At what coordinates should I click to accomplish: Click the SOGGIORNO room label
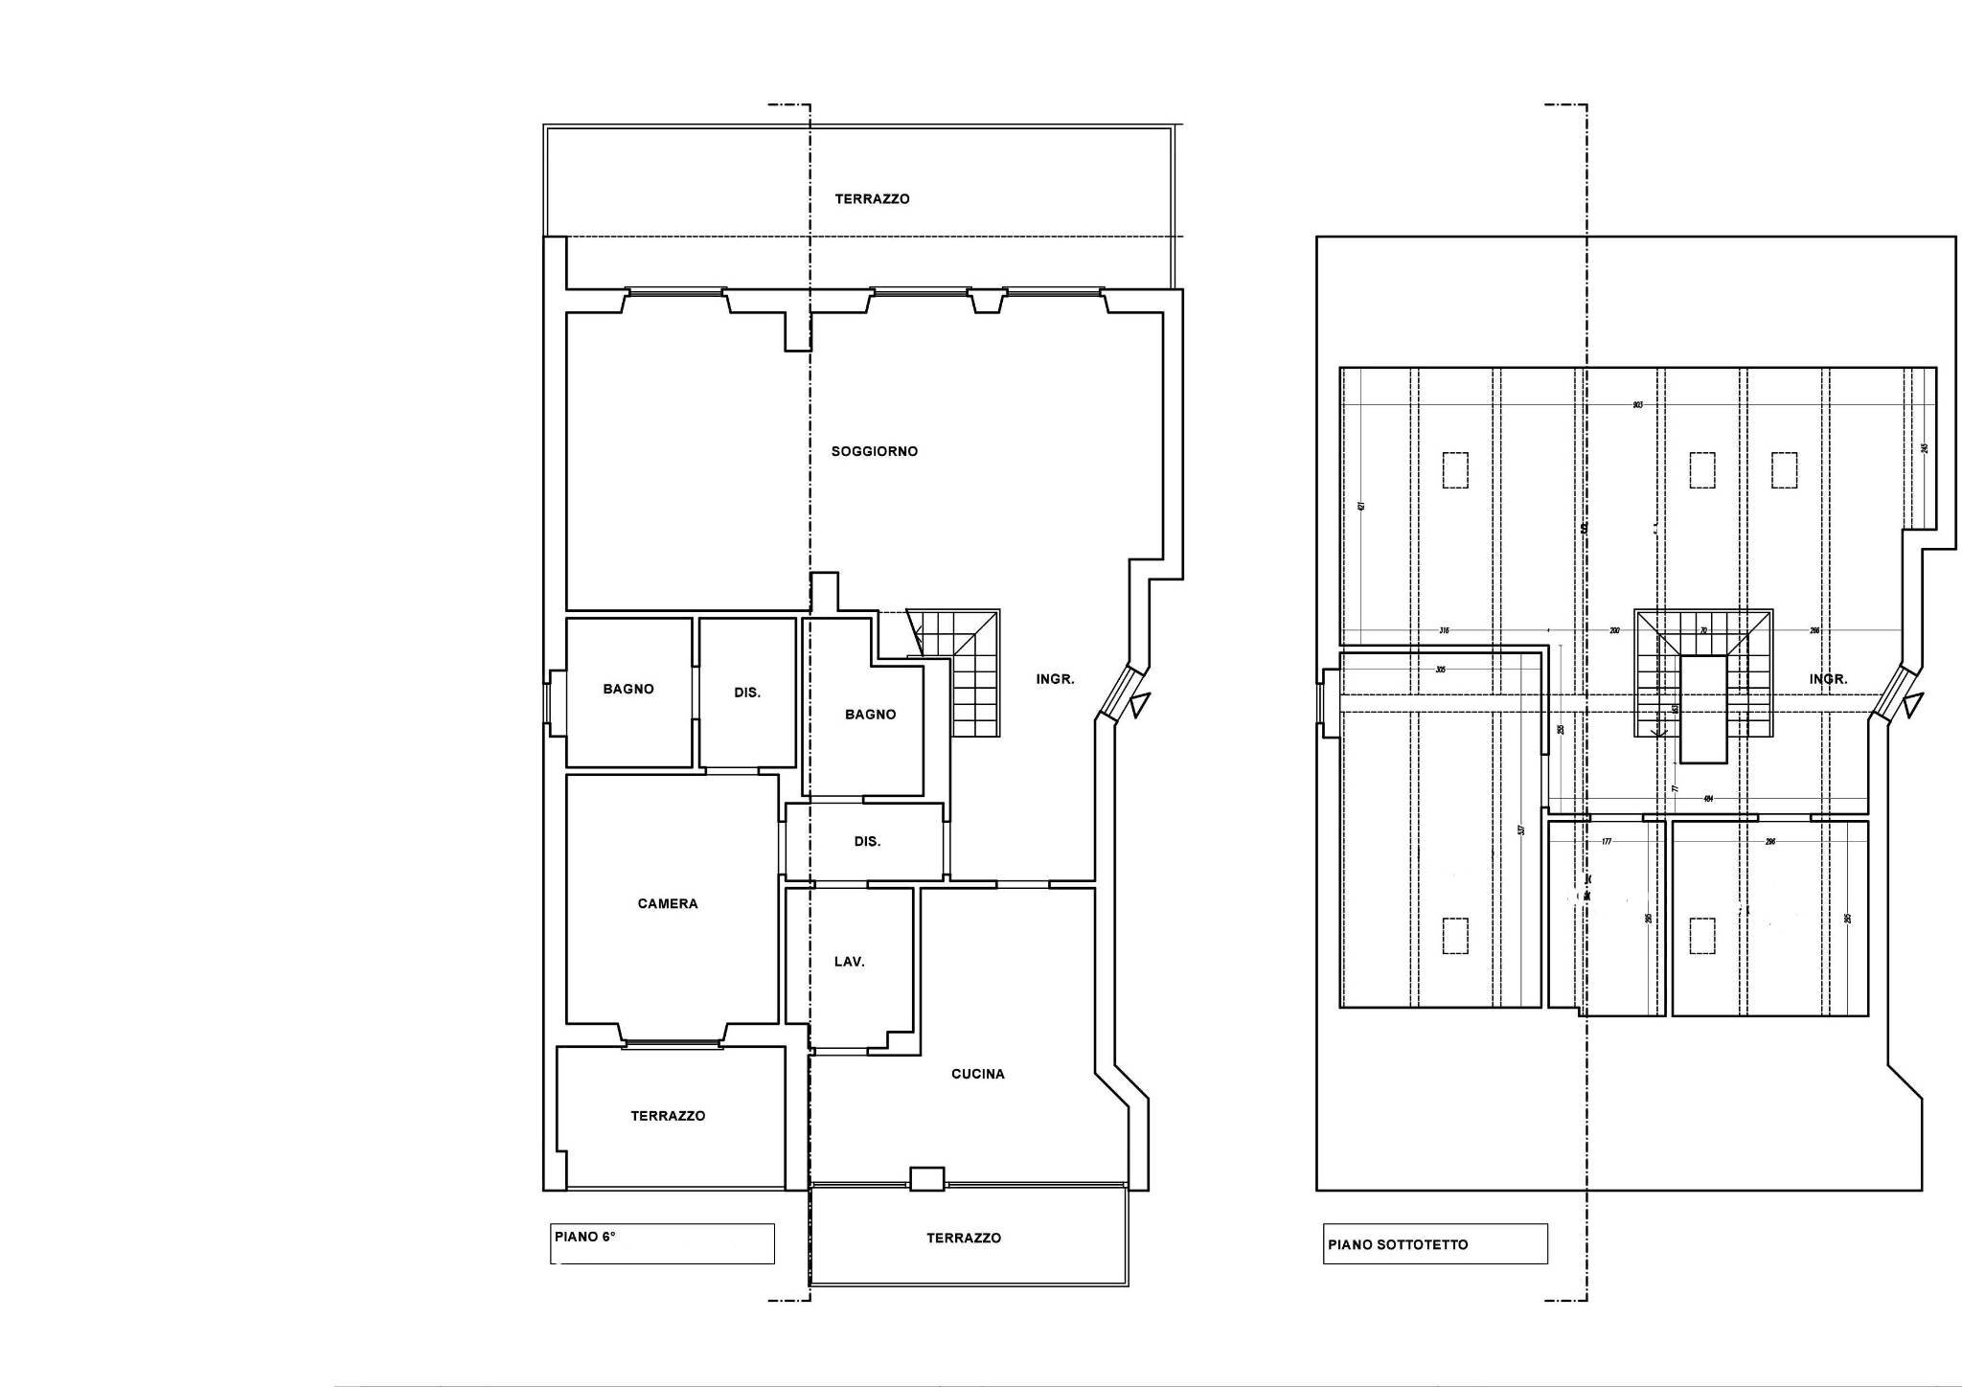tap(874, 451)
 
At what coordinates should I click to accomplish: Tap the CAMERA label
tap(668, 903)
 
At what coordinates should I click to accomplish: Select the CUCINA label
tap(977, 1074)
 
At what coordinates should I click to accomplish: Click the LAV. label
tap(849, 962)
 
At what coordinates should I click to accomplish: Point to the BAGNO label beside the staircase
tap(870, 715)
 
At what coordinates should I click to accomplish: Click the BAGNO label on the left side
tap(628, 689)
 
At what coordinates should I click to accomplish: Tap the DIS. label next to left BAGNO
tap(747, 693)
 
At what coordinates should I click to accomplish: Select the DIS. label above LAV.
tap(867, 842)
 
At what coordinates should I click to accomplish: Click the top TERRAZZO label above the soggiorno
tap(872, 199)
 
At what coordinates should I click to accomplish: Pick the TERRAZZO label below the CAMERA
tap(668, 1116)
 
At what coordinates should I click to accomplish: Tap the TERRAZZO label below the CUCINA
tap(964, 1238)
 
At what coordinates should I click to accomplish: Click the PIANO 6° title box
tap(663, 1243)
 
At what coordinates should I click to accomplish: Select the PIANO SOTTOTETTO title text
tap(1398, 1245)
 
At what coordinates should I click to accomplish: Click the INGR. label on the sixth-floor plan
tap(1055, 679)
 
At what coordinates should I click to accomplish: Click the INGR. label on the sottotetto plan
tap(1828, 679)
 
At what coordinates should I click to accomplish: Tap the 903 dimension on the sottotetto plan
tap(1637, 405)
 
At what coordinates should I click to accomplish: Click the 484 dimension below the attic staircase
tap(1707, 799)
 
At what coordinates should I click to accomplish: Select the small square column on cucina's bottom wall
tap(926, 1178)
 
